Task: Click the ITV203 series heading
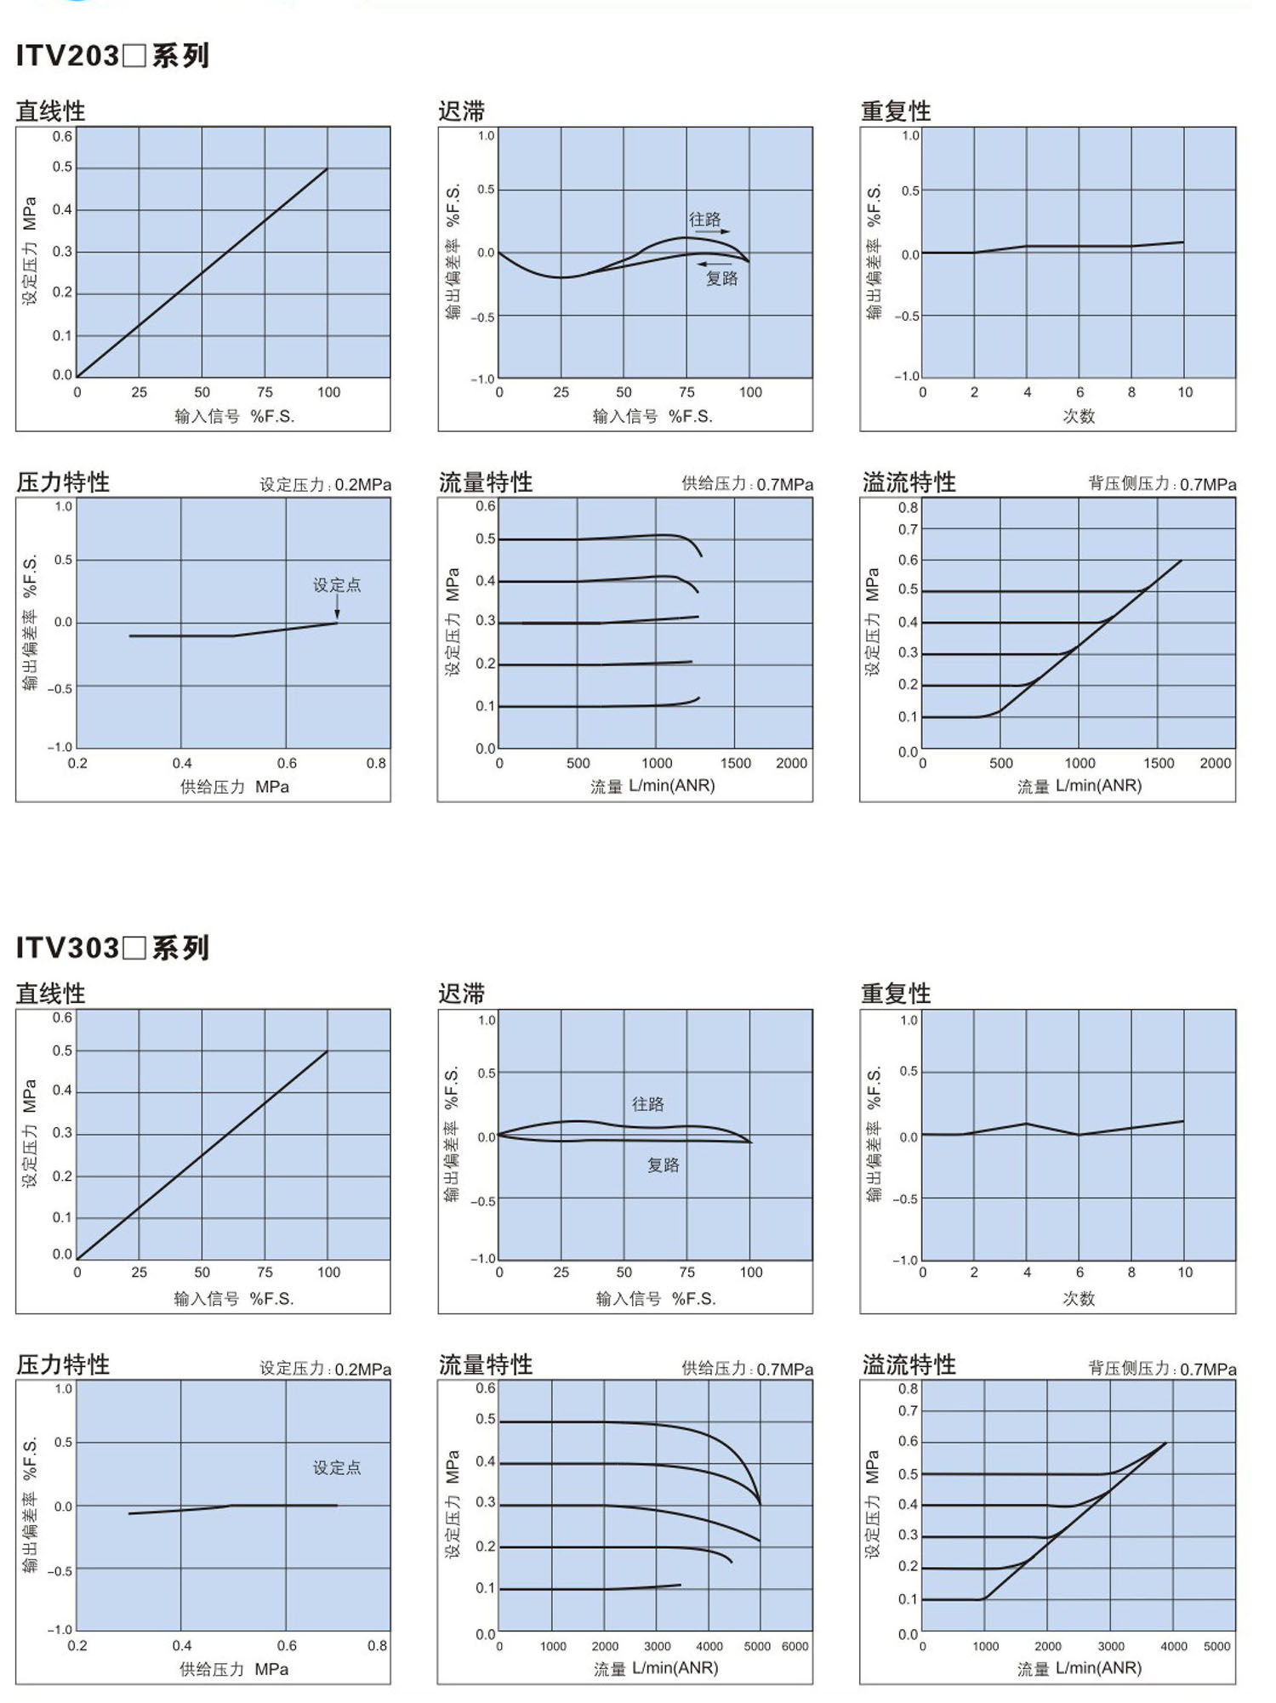(x=112, y=56)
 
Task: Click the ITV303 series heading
(x=112, y=948)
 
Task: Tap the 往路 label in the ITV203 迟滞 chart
(x=704, y=219)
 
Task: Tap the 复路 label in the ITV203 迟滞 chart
(x=721, y=278)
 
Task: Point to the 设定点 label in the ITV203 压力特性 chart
(x=337, y=584)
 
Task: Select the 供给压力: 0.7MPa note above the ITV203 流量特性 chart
(x=747, y=484)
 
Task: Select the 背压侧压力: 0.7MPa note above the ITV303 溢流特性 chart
(x=1162, y=1369)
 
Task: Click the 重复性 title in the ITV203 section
(x=896, y=111)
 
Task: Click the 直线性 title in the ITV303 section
(x=51, y=993)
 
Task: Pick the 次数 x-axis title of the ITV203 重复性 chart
(x=1079, y=416)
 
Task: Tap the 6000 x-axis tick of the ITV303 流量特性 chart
(x=795, y=1646)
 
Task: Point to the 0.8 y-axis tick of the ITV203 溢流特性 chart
(x=908, y=508)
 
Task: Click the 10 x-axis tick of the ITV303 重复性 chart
(x=1185, y=1273)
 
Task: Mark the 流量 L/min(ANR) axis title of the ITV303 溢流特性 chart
(x=1079, y=1667)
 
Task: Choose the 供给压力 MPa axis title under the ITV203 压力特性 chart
(x=234, y=787)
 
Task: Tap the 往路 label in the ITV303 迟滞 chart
(x=647, y=1104)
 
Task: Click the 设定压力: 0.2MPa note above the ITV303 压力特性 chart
(x=325, y=1369)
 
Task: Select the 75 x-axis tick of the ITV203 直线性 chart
(x=265, y=392)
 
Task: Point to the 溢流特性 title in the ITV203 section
(x=909, y=482)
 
